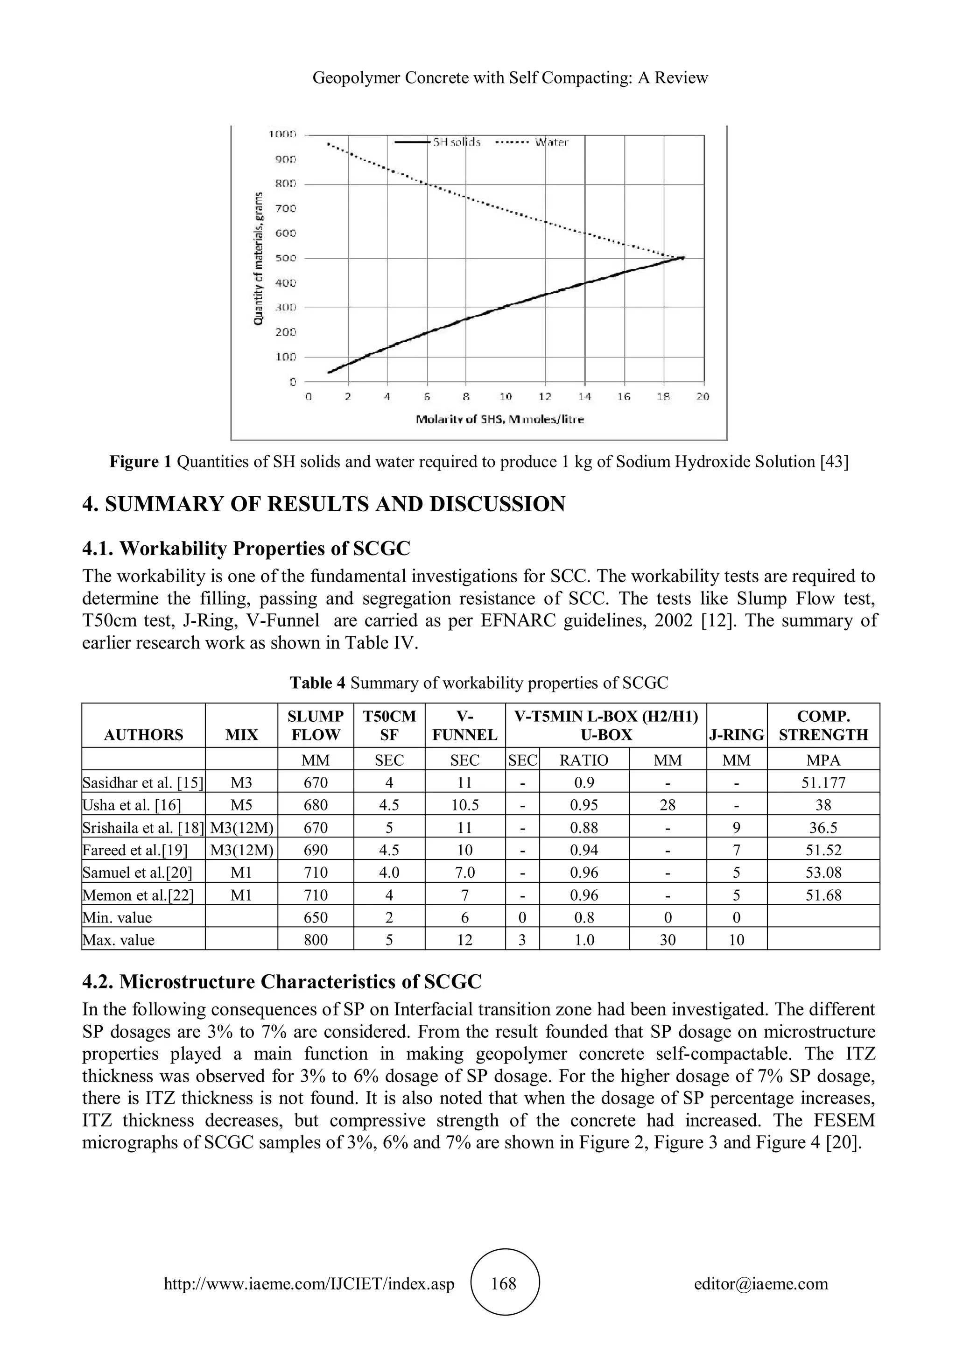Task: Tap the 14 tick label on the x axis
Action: pyautogui.click(x=584, y=397)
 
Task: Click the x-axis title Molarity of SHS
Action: pyautogui.click(x=499, y=420)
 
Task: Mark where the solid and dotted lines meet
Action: pyautogui.click(x=682, y=257)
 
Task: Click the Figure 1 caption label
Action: pyautogui.click(x=140, y=462)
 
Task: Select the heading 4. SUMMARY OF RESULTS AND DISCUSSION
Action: pyautogui.click(x=323, y=504)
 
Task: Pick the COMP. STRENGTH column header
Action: pyautogui.click(x=823, y=725)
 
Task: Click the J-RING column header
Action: pyautogui.click(x=737, y=735)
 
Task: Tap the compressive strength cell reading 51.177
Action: pyautogui.click(x=823, y=782)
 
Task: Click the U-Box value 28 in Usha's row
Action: pyautogui.click(x=668, y=805)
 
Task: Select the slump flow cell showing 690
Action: pyautogui.click(x=316, y=850)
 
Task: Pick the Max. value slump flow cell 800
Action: pyautogui.click(x=316, y=940)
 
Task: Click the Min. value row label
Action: pyautogui.click(x=117, y=917)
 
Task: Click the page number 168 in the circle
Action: pyautogui.click(x=503, y=1283)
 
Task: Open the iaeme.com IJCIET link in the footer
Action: pyautogui.click(x=309, y=1284)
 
